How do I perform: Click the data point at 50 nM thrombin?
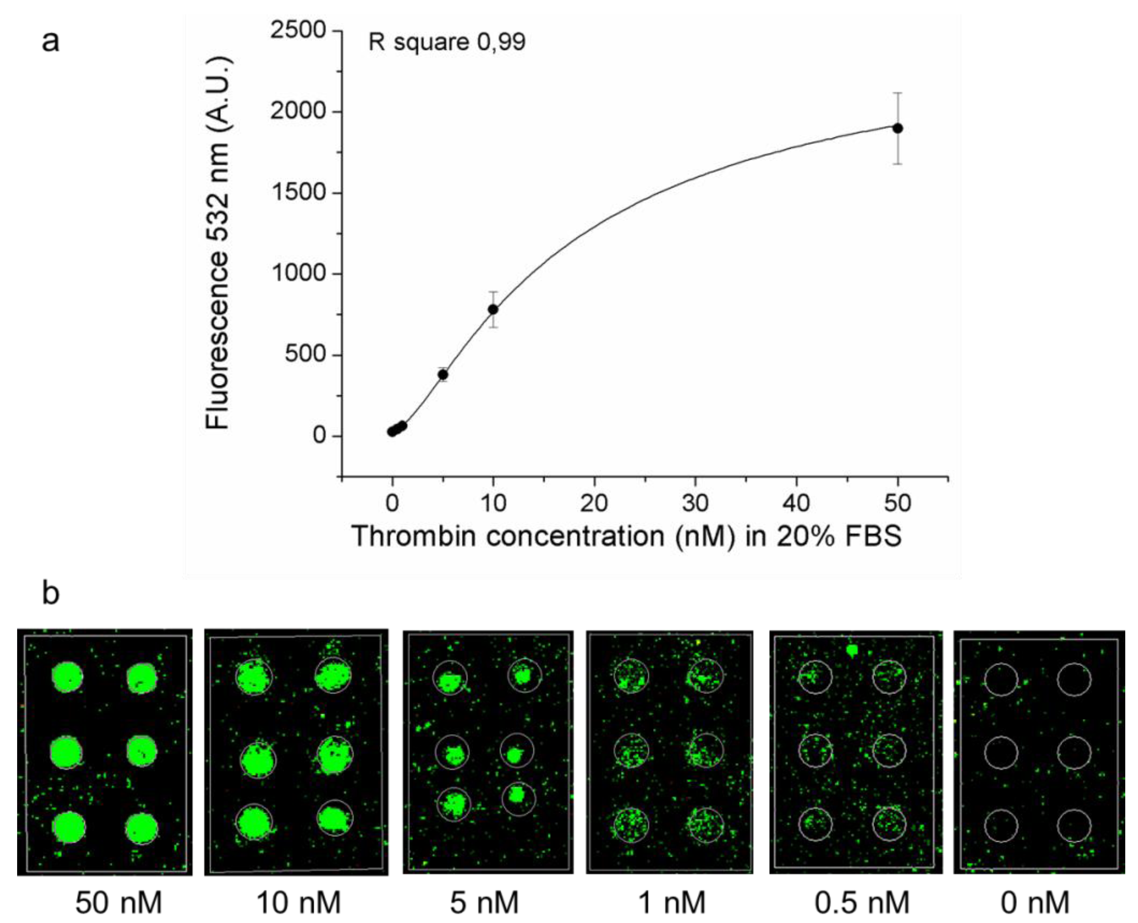[898, 128]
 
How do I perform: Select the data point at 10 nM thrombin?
[493, 309]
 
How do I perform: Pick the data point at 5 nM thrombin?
[443, 374]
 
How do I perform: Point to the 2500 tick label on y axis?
[298, 30]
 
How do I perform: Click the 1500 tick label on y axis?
[298, 192]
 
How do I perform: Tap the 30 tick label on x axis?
[695, 503]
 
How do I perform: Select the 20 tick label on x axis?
[594, 503]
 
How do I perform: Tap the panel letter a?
[51, 41]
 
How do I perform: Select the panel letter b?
[51, 594]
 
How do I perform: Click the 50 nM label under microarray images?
[118, 902]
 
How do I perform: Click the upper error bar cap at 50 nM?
[898, 93]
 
